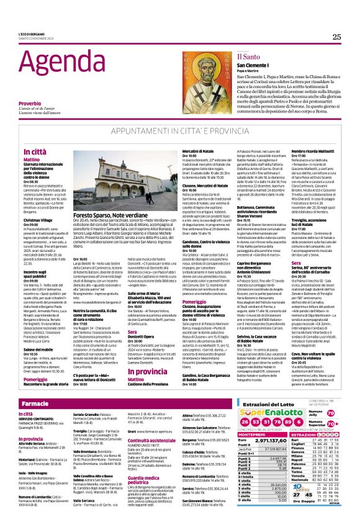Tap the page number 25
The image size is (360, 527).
point(336,37)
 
